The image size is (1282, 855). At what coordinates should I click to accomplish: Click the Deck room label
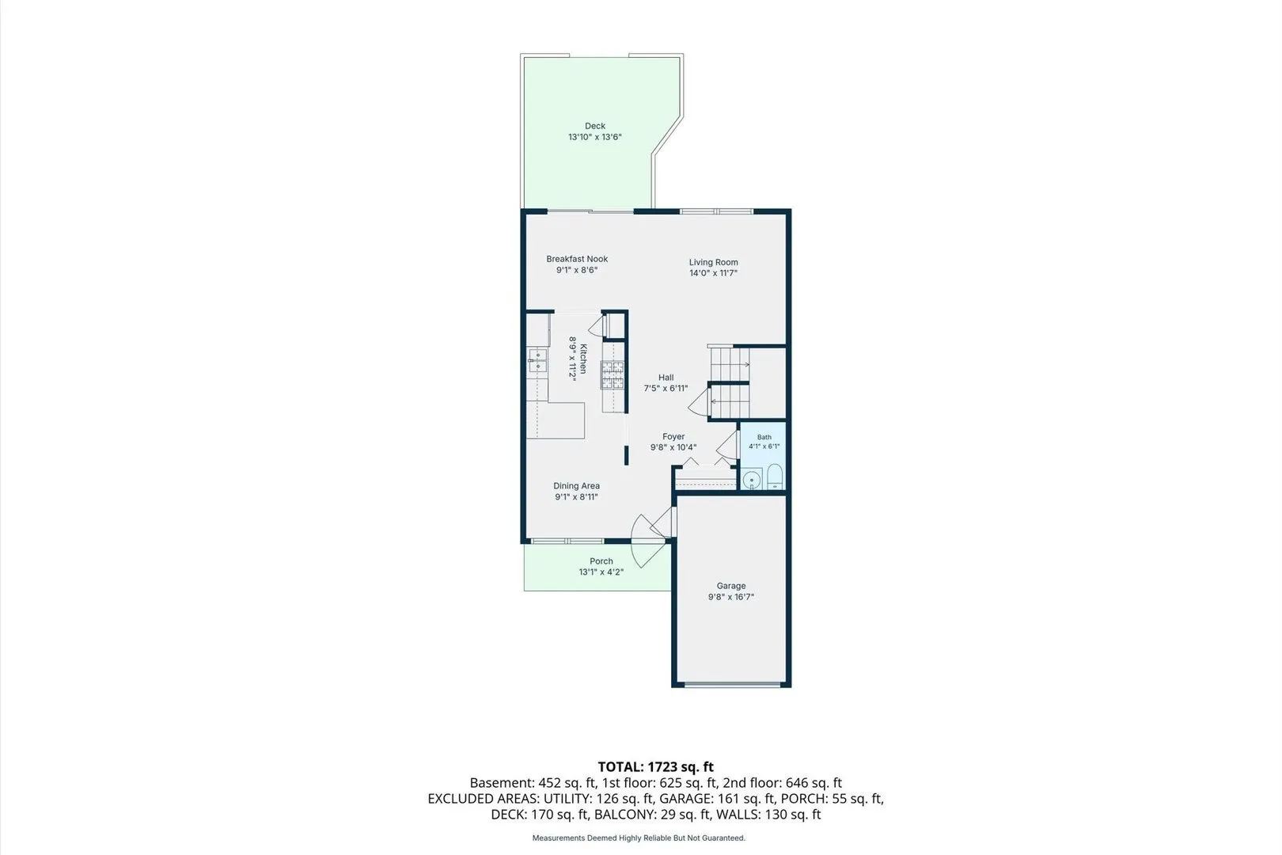pos(594,126)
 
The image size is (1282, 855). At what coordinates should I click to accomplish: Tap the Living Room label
pos(713,262)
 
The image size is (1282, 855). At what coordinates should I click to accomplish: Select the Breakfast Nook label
pos(577,259)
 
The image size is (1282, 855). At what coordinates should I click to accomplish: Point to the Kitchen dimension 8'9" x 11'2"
pos(572,358)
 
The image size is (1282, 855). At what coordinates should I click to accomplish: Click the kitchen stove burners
pos(613,375)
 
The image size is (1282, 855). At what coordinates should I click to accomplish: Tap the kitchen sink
pos(537,360)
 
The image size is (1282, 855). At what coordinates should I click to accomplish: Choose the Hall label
pos(666,378)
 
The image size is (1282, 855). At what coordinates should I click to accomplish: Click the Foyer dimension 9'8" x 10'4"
pos(673,447)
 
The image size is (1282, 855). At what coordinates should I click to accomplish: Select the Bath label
pos(764,437)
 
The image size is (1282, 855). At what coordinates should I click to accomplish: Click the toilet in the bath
pos(775,477)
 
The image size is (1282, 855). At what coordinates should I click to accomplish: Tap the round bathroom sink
pos(752,479)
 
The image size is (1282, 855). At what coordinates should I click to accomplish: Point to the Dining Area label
pos(576,485)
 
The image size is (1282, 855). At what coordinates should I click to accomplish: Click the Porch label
pos(601,561)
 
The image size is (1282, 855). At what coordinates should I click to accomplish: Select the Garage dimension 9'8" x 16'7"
pos(731,597)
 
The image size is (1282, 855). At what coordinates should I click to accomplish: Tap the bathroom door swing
pos(726,444)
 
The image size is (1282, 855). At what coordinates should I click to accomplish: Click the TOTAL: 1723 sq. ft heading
pos(656,767)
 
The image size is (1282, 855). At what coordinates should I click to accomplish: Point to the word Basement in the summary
pos(502,783)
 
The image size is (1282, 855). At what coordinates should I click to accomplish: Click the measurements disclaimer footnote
pos(639,838)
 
